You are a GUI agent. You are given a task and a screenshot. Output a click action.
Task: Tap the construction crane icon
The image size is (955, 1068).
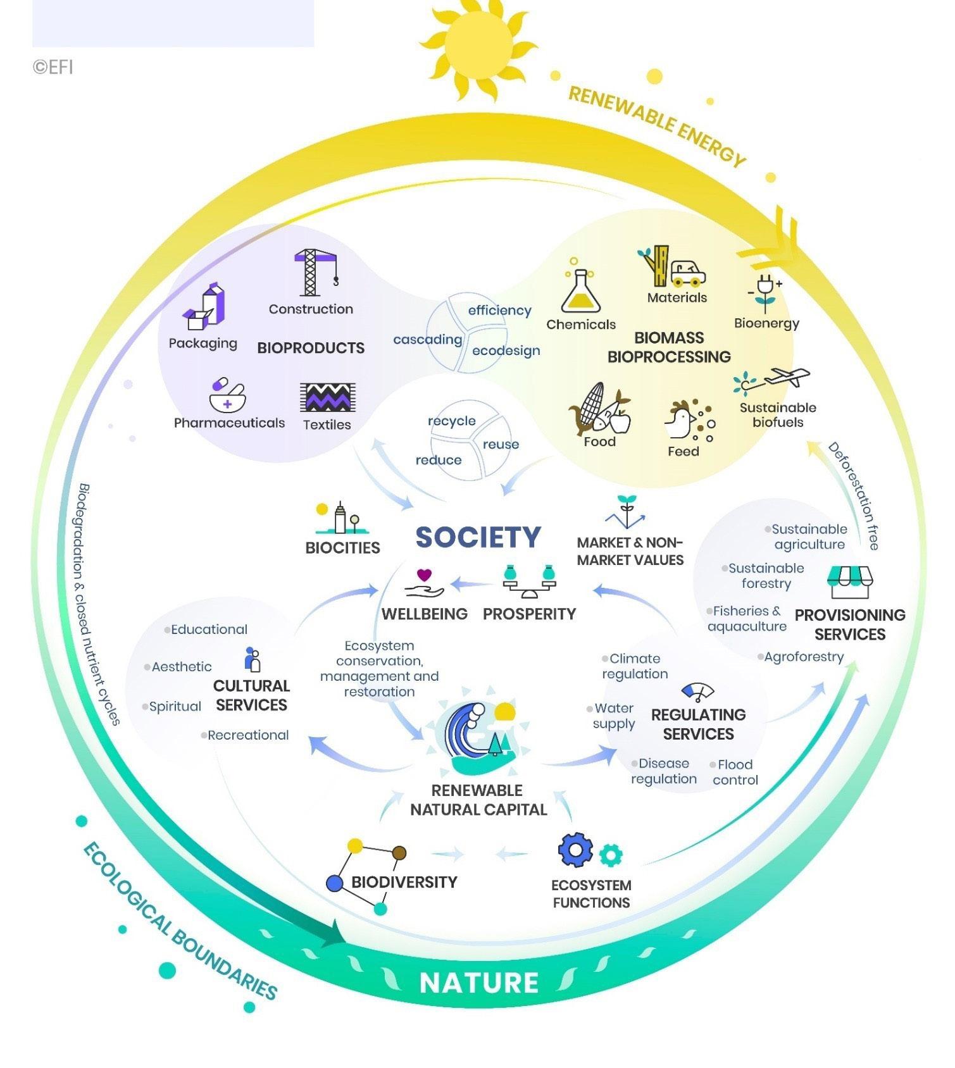coord(315,273)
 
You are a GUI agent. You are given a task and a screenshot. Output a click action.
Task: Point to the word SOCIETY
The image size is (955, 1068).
coord(478,537)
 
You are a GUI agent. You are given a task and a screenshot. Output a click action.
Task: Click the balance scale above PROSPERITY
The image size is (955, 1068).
coord(529,581)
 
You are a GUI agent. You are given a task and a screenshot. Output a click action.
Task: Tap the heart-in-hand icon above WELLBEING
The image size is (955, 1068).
coord(425,584)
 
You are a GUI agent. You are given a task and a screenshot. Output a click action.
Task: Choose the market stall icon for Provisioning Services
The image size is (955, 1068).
coord(849,581)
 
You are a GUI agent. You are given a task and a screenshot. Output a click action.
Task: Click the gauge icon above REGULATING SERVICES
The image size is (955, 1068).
coord(697,692)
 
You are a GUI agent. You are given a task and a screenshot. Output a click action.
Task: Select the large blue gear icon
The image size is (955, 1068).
coord(575,850)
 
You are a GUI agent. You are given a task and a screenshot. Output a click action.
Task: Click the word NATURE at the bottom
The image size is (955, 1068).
coord(478,983)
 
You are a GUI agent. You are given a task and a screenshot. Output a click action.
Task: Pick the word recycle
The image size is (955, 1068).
coord(451,421)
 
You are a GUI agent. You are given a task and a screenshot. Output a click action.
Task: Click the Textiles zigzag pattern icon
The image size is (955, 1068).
coord(327,398)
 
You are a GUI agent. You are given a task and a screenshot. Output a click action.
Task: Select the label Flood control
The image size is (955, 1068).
coord(735,772)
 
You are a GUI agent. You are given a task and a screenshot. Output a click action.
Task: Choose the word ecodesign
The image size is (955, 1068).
coord(506,351)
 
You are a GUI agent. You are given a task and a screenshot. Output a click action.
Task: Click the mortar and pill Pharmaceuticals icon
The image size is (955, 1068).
coord(227,395)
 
